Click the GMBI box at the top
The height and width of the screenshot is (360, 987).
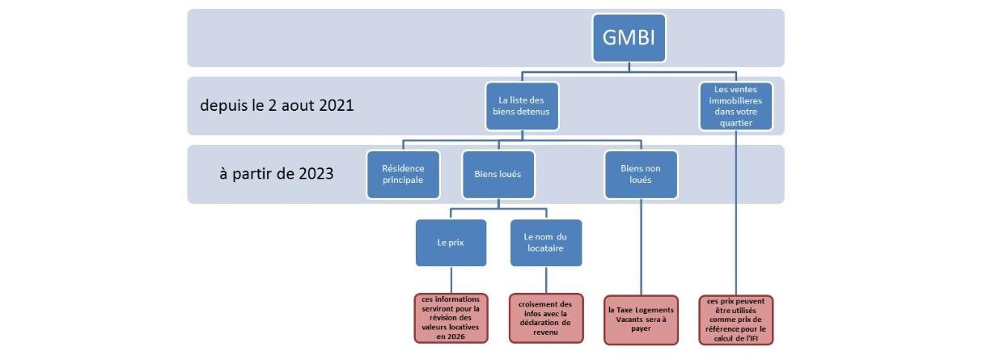(x=629, y=37)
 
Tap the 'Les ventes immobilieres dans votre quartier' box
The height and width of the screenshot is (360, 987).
(x=736, y=106)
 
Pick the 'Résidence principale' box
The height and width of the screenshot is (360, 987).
(x=403, y=175)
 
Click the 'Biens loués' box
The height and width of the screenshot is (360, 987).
(x=498, y=175)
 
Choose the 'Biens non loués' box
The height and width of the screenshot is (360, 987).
(x=641, y=175)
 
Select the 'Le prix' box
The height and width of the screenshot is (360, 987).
(x=451, y=243)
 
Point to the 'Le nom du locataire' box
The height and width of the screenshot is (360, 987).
(x=546, y=243)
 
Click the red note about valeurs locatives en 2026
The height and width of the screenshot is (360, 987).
(x=451, y=318)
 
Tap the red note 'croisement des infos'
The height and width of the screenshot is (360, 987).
(x=546, y=318)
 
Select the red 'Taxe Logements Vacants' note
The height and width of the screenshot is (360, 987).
(x=641, y=318)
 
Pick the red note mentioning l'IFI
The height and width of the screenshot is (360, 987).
(x=736, y=318)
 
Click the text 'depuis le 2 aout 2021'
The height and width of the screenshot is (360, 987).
(x=277, y=106)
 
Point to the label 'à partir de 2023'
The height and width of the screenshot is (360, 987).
(x=277, y=174)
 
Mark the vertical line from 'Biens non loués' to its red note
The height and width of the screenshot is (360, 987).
(x=641, y=247)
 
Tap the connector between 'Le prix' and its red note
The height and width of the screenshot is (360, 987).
(x=451, y=280)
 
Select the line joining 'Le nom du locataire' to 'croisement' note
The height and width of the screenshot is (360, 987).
(x=546, y=280)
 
